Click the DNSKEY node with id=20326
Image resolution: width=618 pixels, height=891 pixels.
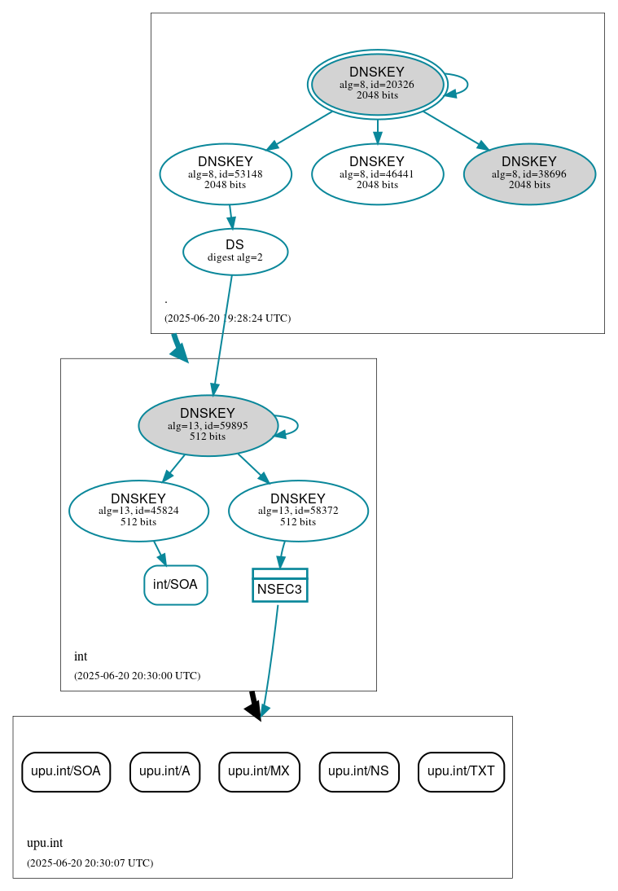click(377, 84)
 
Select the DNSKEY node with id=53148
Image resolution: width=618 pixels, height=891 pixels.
click(226, 173)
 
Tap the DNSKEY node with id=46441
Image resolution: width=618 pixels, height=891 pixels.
click(377, 173)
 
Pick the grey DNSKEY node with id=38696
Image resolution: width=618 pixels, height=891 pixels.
click(529, 173)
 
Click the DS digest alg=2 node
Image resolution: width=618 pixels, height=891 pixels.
click(234, 252)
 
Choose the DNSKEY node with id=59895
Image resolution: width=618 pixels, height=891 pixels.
click(208, 425)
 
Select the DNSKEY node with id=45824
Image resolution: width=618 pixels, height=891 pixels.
click(138, 511)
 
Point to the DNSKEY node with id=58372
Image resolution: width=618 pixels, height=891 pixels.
click(298, 511)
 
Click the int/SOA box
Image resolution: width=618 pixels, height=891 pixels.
click(175, 585)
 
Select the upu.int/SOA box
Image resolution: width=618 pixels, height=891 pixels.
click(65, 771)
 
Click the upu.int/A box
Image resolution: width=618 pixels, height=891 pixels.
click(164, 771)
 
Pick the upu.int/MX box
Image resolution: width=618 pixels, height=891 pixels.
click(259, 771)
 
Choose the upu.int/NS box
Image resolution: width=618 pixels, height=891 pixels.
click(358, 771)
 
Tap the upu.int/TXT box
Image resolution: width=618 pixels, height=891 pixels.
click(461, 771)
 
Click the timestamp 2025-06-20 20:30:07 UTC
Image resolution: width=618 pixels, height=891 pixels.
click(90, 862)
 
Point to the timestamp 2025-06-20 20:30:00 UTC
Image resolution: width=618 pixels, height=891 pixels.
click(137, 675)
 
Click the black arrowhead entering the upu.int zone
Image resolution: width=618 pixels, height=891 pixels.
click(255, 711)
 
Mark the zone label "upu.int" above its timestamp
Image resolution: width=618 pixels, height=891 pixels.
click(45, 843)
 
